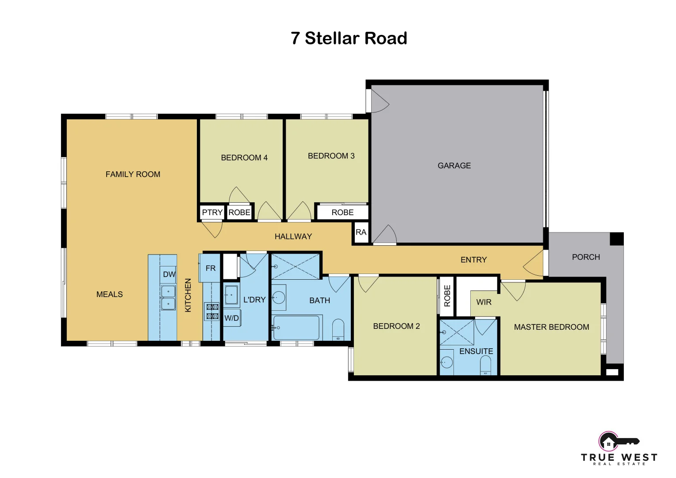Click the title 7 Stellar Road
pyautogui.click(x=349, y=38)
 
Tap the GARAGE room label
pyautogui.click(x=454, y=166)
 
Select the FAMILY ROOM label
pyautogui.click(x=133, y=174)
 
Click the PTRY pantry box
pyautogui.click(x=212, y=212)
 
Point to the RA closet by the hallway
pyautogui.click(x=361, y=232)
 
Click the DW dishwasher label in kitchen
pyautogui.click(x=169, y=274)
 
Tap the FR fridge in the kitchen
pyautogui.click(x=211, y=268)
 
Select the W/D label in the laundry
pyautogui.click(x=231, y=318)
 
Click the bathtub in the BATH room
pyautogui.click(x=296, y=328)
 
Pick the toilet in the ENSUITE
pyautogui.click(x=486, y=366)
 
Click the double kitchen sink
pyautogui.click(x=168, y=297)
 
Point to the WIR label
pyautogui.click(x=484, y=302)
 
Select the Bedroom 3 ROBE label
pyautogui.click(x=342, y=212)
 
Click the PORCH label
pyautogui.click(x=586, y=257)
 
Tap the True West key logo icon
pyautogui.click(x=618, y=441)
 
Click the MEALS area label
pyautogui.click(x=109, y=294)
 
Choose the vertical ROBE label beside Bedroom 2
pyautogui.click(x=447, y=296)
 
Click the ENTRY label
pyautogui.click(x=473, y=260)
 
